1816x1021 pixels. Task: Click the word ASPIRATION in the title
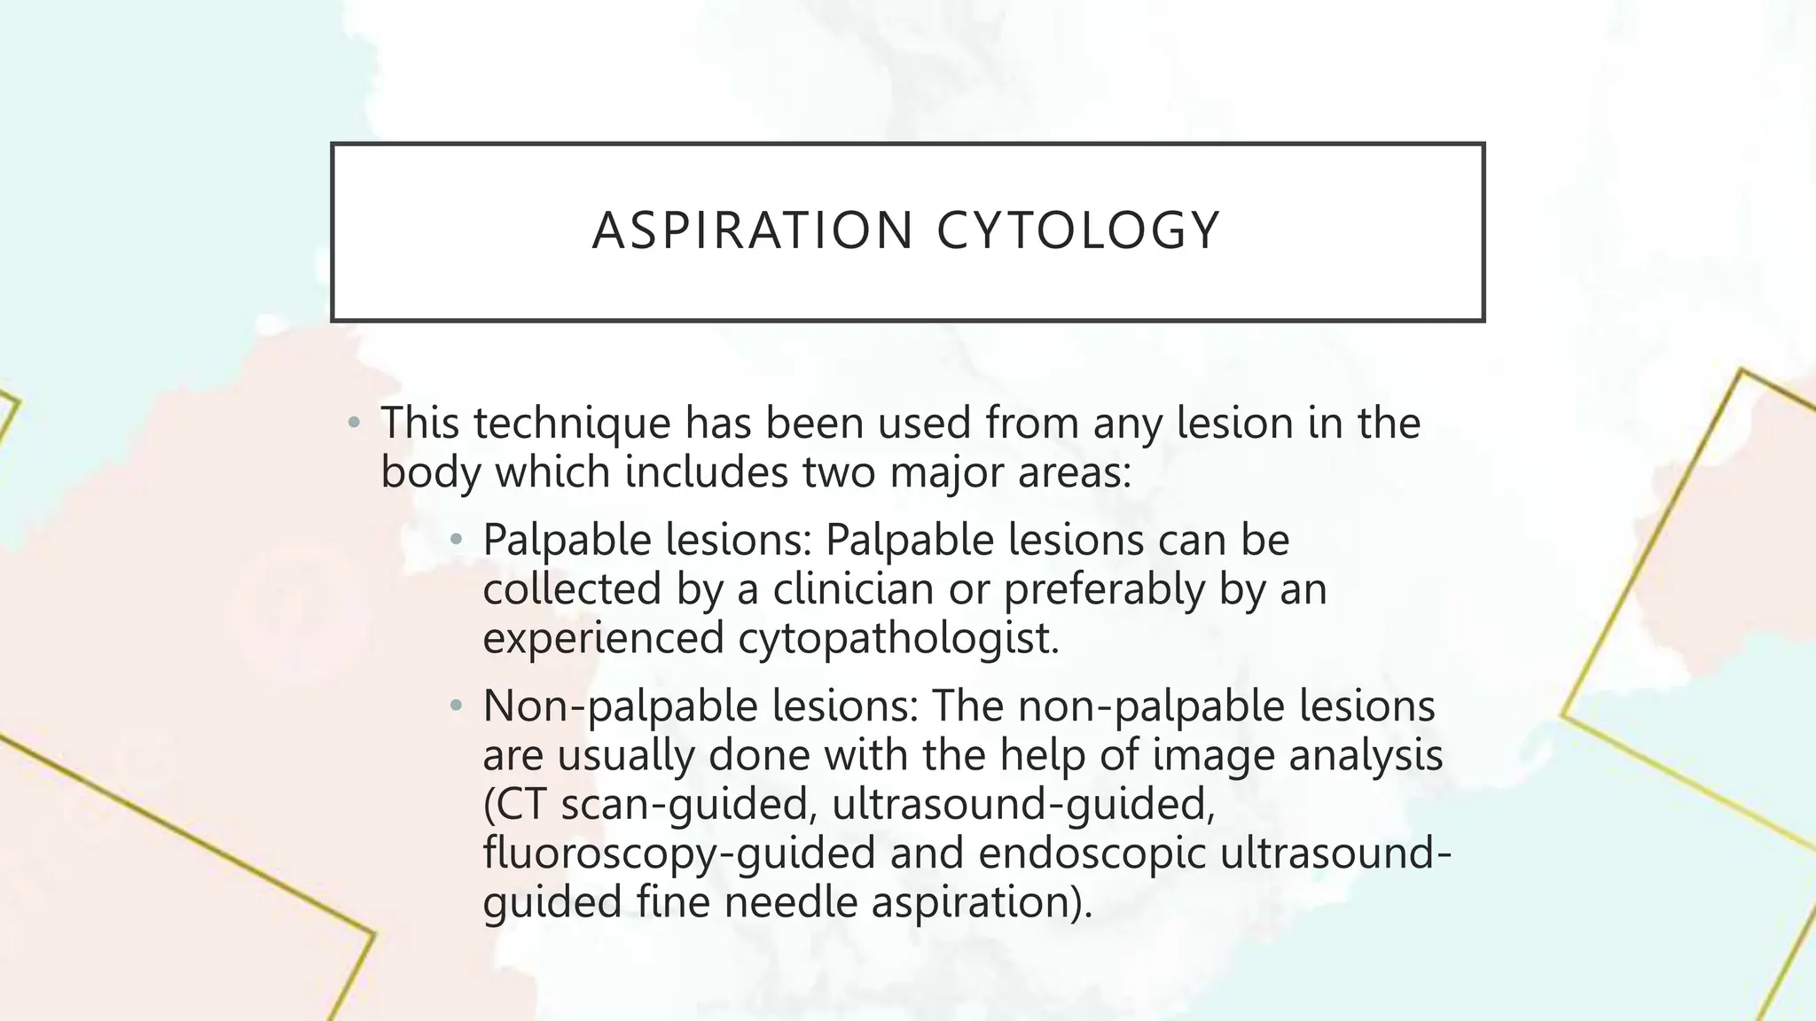pyautogui.click(x=753, y=230)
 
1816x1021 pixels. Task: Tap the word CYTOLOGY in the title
pyautogui.click(x=1078, y=230)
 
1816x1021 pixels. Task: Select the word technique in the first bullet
pyautogui.click(x=572, y=423)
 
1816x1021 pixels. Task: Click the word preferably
pyautogui.click(x=1104, y=588)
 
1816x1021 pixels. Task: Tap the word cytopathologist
pyautogui.click(x=898, y=637)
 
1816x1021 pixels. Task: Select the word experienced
pyautogui.click(x=603, y=637)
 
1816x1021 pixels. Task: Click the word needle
pyautogui.click(x=790, y=902)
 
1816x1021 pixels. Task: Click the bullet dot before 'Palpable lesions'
pyautogui.click(x=456, y=539)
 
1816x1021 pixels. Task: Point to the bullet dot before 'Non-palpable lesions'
pyautogui.click(x=456, y=706)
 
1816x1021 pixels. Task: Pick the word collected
pyautogui.click(x=572, y=588)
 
